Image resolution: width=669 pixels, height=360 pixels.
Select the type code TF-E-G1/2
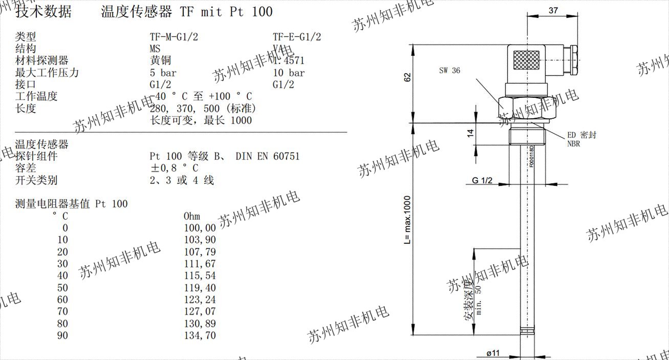[297, 37]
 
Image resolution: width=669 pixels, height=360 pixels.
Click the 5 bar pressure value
[163, 73]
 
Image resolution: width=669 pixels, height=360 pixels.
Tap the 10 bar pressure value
[289, 73]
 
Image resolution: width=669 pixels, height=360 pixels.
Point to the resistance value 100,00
[200, 228]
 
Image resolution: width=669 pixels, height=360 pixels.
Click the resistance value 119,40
[200, 288]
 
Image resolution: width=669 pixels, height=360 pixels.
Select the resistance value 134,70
[200, 336]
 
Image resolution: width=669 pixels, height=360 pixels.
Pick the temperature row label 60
[62, 300]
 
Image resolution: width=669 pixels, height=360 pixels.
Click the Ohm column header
[192, 216]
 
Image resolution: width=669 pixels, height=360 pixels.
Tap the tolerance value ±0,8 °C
[174, 168]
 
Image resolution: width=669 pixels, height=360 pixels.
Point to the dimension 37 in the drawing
[553, 11]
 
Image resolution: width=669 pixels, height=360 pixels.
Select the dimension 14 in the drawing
[470, 134]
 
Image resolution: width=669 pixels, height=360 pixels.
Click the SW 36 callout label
[449, 71]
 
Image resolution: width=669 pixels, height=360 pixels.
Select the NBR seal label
[573, 144]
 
